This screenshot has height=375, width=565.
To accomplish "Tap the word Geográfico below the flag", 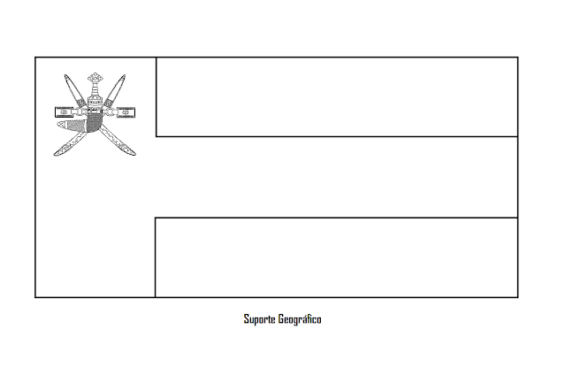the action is (x=300, y=319).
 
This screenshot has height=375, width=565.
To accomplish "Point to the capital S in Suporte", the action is (x=247, y=318).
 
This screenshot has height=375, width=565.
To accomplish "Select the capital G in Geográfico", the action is (x=280, y=318).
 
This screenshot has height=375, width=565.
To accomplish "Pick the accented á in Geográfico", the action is (x=302, y=318).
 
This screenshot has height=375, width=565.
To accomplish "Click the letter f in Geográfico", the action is (x=308, y=318).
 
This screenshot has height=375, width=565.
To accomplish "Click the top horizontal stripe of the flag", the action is (x=336, y=97).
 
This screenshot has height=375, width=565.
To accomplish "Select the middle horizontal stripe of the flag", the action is (x=336, y=177).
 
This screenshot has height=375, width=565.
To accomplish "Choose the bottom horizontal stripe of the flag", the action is (x=336, y=256).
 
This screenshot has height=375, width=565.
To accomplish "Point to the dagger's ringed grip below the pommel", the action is (x=95, y=92).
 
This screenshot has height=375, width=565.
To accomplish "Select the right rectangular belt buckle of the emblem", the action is (x=126, y=112).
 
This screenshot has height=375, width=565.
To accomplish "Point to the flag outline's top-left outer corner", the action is (x=35, y=57).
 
